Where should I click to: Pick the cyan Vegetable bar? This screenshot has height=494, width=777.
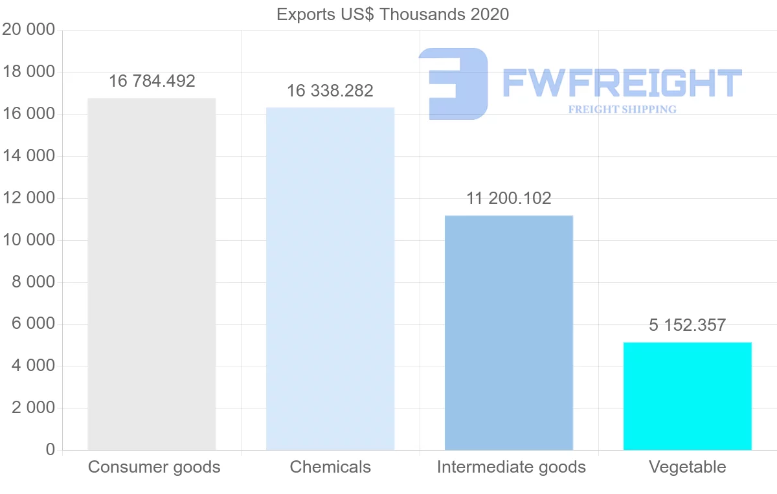(688, 396)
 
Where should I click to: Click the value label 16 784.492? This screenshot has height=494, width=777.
(152, 81)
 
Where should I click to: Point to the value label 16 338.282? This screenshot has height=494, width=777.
(330, 91)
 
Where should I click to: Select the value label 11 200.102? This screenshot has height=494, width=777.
(509, 198)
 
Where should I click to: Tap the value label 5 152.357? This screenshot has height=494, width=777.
(688, 325)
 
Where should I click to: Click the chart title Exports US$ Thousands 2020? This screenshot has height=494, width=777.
(393, 14)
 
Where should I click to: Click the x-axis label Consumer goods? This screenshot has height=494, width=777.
(154, 467)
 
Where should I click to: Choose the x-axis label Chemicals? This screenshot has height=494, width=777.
(330, 467)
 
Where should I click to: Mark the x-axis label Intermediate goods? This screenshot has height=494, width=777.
(512, 467)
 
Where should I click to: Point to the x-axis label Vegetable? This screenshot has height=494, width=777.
(688, 467)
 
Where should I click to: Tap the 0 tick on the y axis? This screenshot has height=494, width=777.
(51, 450)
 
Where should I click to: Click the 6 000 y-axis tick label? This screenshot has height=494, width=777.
(32, 324)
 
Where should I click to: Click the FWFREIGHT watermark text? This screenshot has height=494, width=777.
(622, 83)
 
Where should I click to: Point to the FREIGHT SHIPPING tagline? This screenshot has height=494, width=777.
(622, 109)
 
